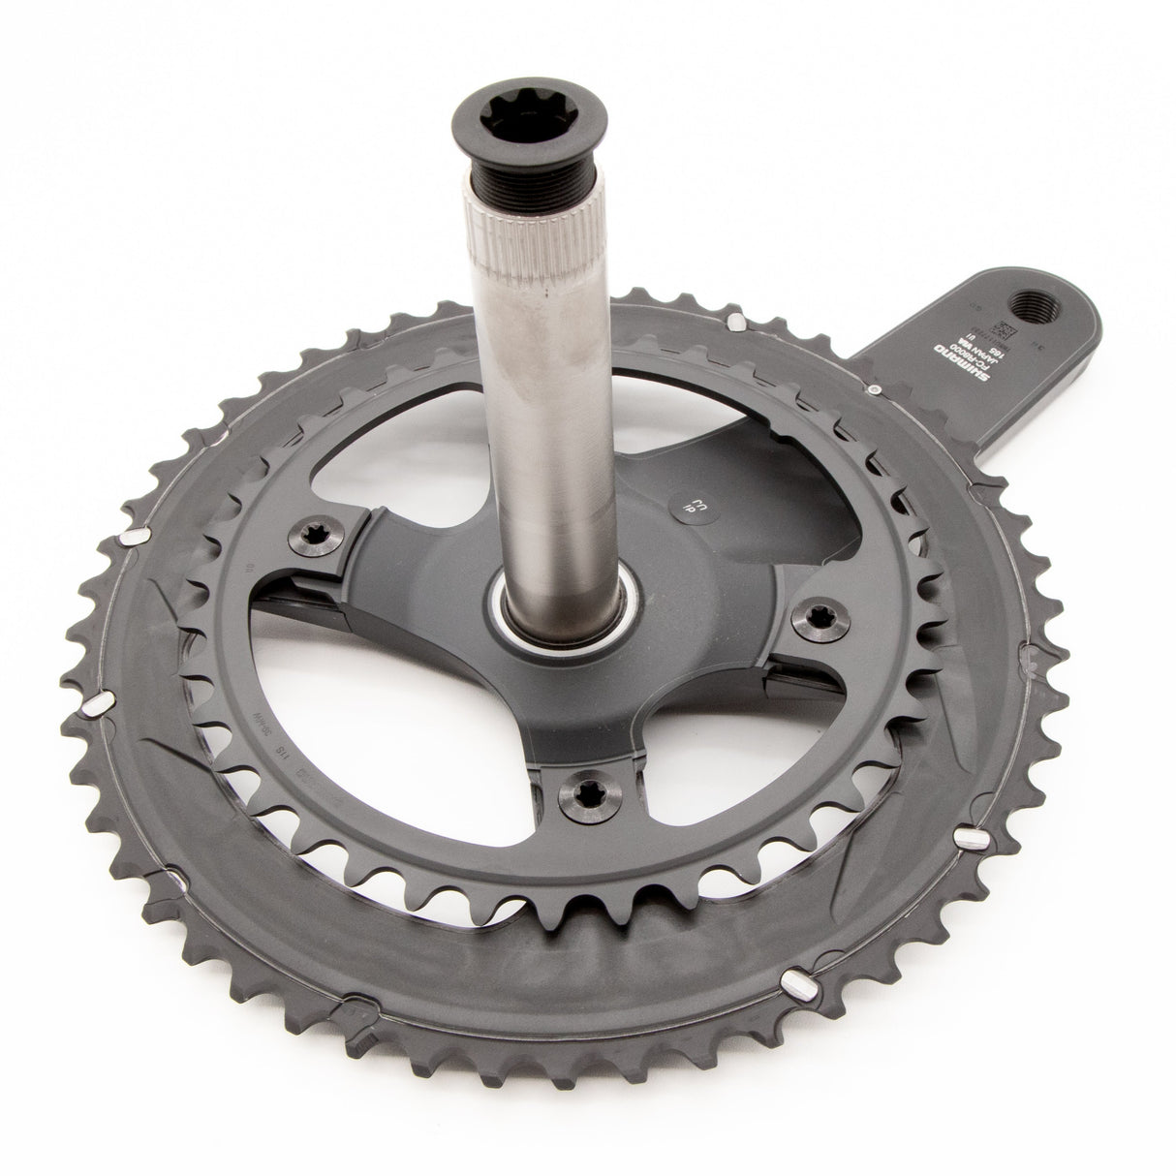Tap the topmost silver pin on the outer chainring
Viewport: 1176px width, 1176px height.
pyautogui.click(x=734, y=320)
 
